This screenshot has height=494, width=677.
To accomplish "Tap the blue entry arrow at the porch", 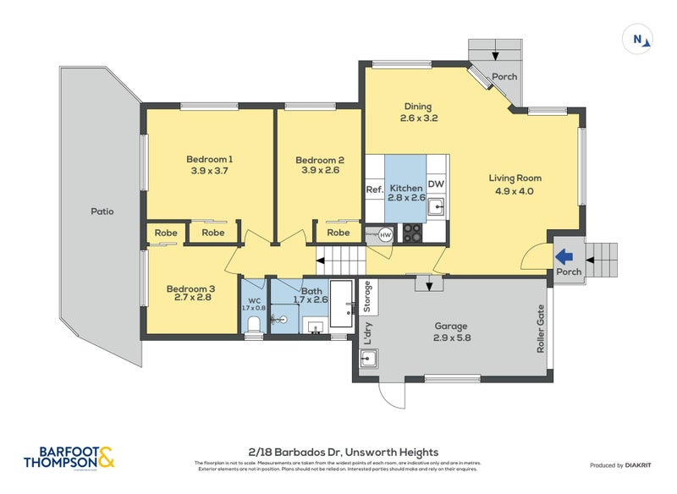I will tap(564, 255).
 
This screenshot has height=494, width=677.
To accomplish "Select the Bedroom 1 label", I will tap(209, 159).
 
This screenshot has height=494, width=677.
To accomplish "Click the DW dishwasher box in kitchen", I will tap(436, 184).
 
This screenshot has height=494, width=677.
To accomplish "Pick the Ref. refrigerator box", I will tap(374, 189).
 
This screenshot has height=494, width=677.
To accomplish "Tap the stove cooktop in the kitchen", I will tap(412, 232).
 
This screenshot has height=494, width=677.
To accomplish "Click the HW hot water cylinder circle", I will tap(385, 234).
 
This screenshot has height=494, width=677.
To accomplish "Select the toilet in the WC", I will tap(254, 322).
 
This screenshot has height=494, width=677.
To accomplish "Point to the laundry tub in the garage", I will tap(368, 360).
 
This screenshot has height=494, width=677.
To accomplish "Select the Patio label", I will tap(102, 211).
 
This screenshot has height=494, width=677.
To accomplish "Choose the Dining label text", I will tap(417, 107).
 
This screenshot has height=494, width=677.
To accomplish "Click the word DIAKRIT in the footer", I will tap(643, 465).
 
